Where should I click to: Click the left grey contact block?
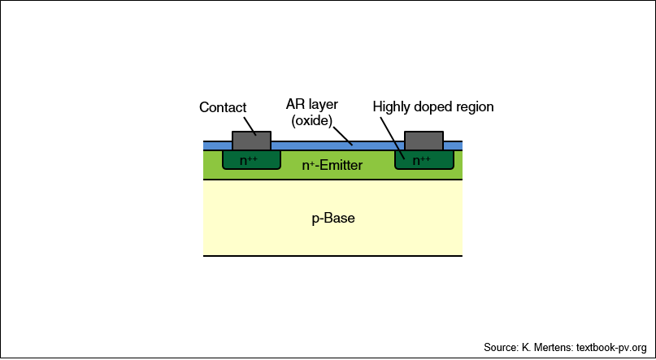click(251, 141)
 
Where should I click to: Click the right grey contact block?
click(424, 141)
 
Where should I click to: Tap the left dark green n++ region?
click(251, 160)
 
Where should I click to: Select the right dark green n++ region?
click(424, 160)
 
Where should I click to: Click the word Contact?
click(223, 107)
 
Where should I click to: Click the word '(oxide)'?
click(312, 120)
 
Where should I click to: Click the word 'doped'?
click(432, 107)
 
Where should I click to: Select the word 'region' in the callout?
click(474, 108)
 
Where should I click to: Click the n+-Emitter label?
click(332, 166)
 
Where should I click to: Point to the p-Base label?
click(333, 219)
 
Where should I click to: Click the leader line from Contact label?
click(249, 126)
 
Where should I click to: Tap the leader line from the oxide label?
click(343, 136)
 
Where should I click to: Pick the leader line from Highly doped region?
click(393, 138)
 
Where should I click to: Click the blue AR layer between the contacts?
click(337, 146)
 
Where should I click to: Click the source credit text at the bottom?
click(565, 348)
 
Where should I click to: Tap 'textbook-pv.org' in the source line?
click(611, 348)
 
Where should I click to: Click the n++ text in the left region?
click(249, 161)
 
